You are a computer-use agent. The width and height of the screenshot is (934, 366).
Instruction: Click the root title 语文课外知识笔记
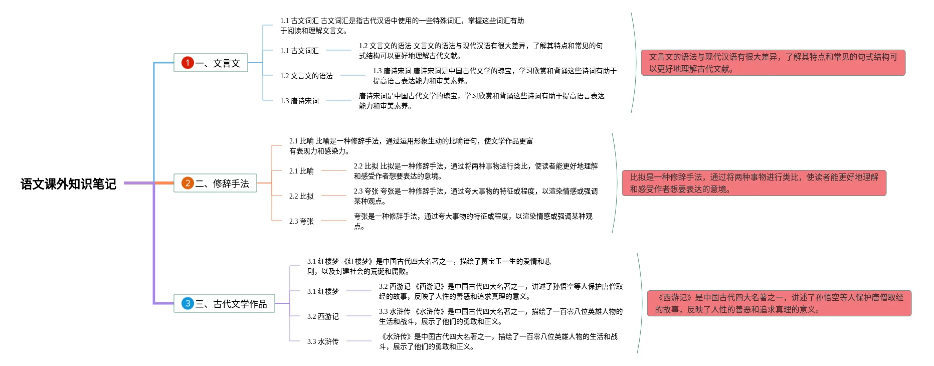click(68, 184)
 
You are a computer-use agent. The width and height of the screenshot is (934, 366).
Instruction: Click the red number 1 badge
click(188, 63)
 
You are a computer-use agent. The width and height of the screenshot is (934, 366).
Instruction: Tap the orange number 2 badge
click(188, 183)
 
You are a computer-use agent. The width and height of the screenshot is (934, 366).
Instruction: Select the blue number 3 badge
click(188, 303)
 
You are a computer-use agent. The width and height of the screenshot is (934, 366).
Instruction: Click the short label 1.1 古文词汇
click(299, 51)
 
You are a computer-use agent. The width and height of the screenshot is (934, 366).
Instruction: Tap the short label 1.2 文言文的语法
click(306, 76)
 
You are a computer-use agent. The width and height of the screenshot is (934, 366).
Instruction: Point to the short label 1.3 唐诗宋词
click(299, 101)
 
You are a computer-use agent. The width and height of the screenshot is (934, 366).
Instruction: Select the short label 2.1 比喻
click(301, 171)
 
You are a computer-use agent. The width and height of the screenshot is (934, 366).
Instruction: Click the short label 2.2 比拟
click(301, 196)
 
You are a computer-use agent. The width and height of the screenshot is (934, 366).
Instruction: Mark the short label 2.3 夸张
click(301, 221)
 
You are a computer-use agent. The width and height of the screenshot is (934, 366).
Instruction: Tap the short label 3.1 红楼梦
click(323, 291)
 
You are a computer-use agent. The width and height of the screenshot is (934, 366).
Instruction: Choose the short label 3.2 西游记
click(323, 316)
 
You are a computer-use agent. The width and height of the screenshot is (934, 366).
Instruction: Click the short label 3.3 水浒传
click(323, 341)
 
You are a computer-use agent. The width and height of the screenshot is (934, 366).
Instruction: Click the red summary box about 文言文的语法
click(773, 63)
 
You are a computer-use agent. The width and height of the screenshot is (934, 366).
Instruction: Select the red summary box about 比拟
click(754, 183)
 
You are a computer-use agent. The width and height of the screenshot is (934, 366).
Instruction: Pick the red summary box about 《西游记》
click(779, 303)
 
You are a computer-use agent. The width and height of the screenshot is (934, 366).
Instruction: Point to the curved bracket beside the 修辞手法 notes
click(616, 183)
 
